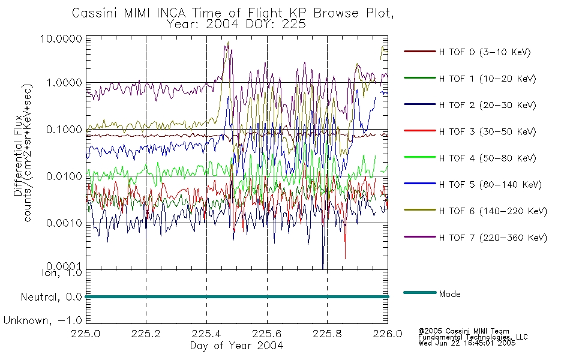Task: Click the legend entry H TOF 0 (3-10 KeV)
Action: coord(485,52)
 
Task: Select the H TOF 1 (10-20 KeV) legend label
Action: coord(487,79)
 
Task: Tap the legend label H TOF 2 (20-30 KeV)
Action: coord(487,105)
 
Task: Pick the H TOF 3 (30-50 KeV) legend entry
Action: coord(487,131)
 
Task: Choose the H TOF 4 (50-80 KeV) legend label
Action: coord(487,158)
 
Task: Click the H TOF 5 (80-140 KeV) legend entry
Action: coord(490,185)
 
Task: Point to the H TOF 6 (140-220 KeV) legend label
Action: coord(493,211)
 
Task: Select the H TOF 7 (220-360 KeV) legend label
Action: coord(493,238)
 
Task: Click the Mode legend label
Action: coord(449,294)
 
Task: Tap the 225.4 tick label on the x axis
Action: coord(206,334)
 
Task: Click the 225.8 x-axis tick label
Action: coord(327,334)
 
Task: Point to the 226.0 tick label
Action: coord(388,334)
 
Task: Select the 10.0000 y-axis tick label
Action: coord(61,38)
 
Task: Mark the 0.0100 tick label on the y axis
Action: coord(64,176)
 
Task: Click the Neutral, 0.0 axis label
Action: coord(51,297)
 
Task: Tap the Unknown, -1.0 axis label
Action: coord(43,321)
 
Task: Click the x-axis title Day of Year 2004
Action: coord(236,346)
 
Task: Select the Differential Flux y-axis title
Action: coord(18,155)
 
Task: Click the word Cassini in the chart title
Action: coord(95,13)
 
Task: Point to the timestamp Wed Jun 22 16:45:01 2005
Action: coord(467,343)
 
